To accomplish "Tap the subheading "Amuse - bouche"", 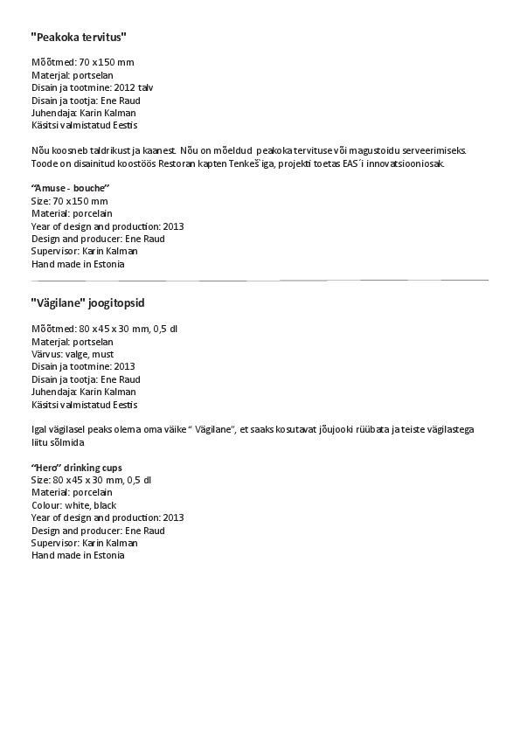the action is [x=71, y=188].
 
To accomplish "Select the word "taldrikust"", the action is [x=101, y=151].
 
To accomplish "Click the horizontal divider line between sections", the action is [x=260, y=281].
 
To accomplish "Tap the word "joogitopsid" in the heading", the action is [x=116, y=303].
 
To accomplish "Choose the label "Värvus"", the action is [x=47, y=354].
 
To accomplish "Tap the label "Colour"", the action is [x=47, y=505].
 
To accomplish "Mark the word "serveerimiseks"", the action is [x=436, y=151].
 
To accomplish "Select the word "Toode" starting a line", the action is [x=44, y=163].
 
